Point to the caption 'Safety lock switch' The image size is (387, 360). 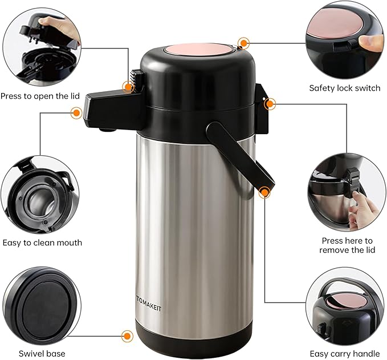coord(344,88)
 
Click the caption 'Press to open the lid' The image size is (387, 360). coord(40,96)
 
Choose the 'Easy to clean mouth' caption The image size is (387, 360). coord(42,242)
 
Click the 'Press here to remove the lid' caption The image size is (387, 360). coord(347,245)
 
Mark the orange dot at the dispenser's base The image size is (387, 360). coord(126,337)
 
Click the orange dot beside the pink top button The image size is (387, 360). coord(244,43)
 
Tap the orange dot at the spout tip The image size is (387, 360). coord(75,113)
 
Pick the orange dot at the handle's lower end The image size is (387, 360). coord(264,193)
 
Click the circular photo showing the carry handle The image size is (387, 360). coord(345,308)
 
